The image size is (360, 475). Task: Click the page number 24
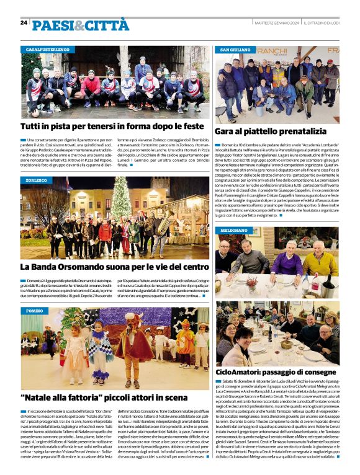pyautogui.click(x=24, y=23)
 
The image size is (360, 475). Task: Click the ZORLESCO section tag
pyautogui.click(x=37, y=180)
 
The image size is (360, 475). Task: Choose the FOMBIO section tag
pyautogui.click(x=35, y=310)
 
